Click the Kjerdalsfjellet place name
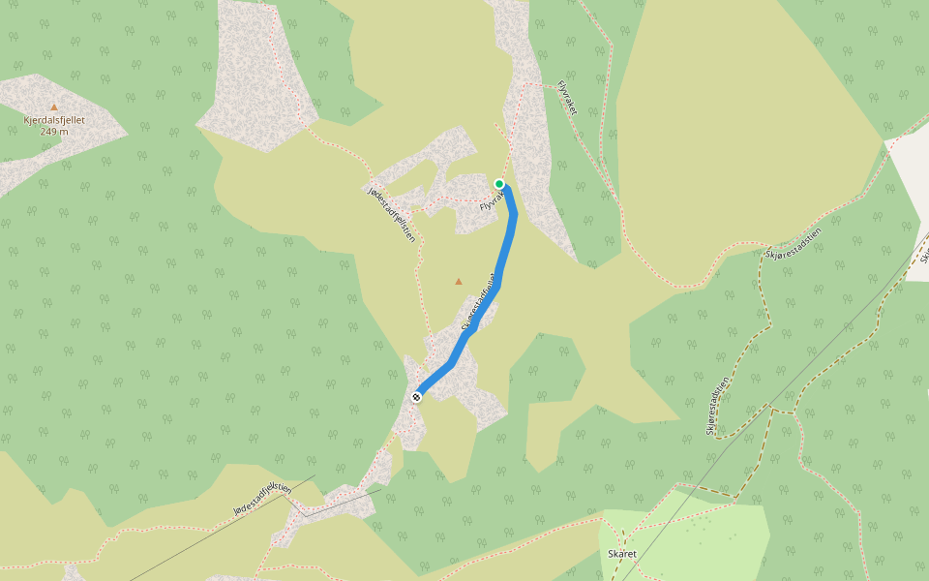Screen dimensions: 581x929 (54, 120)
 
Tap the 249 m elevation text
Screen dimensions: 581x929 (54, 132)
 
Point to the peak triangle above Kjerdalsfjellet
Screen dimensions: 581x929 (54, 107)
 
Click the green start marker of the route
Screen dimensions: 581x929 (499, 184)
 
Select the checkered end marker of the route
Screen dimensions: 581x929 (417, 396)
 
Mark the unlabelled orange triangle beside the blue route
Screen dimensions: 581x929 (459, 282)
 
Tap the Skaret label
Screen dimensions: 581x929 (621, 554)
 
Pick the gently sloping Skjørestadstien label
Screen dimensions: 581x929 (793, 242)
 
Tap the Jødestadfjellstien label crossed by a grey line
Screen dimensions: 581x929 (262, 499)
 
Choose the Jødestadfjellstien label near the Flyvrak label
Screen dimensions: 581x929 (392, 212)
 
